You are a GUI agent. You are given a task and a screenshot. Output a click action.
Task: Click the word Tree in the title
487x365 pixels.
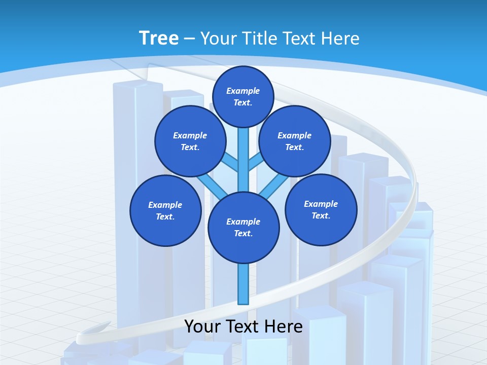point(159,39)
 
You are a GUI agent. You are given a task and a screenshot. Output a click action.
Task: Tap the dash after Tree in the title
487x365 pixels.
point(189,39)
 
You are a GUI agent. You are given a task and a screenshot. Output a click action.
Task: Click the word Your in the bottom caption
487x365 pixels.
point(203,326)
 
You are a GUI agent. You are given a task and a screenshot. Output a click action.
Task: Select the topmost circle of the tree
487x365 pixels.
point(243,96)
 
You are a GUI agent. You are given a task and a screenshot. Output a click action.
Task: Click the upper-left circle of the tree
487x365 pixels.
point(190,141)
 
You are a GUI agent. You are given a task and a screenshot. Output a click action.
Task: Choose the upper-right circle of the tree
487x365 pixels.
point(294,141)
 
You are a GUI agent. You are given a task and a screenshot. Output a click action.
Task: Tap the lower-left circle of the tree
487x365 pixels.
point(165,210)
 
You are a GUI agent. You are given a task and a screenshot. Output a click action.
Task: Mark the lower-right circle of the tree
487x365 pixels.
point(321,209)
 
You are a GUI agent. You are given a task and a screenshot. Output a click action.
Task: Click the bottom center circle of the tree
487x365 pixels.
point(243,227)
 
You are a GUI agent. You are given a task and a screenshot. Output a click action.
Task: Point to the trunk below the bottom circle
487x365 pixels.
point(243,284)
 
